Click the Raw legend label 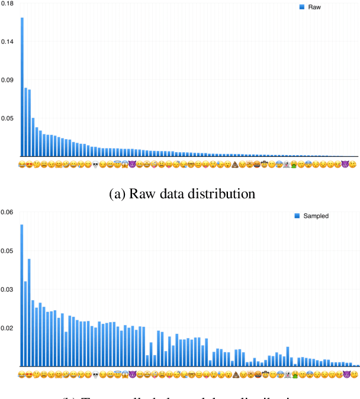pyautogui.click(x=314, y=7)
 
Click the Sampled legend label pyautogui.click(x=316, y=216)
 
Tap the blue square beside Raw pyautogui.click(x=302, y=7)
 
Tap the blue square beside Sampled pyautogui.click(x=297, y=216)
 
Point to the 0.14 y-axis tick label pyautogui.click(x=8, y=42)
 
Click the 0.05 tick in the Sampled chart pyautogui.click(x=8, y=251)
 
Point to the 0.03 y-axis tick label pyautogui.click(x=8, y=289)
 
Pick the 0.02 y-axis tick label pyautogui.click(x=8, y=328)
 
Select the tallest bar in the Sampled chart pyautogui.click(x=22, y=295)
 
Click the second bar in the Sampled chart pyautogui.click(x=25, y=323)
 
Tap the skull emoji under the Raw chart pyautogui.click(x=95, y=163)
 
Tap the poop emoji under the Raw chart pyautogui.click(x=234, y=163)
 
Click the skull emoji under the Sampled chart pyautogui.click(x=95, y=374)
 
